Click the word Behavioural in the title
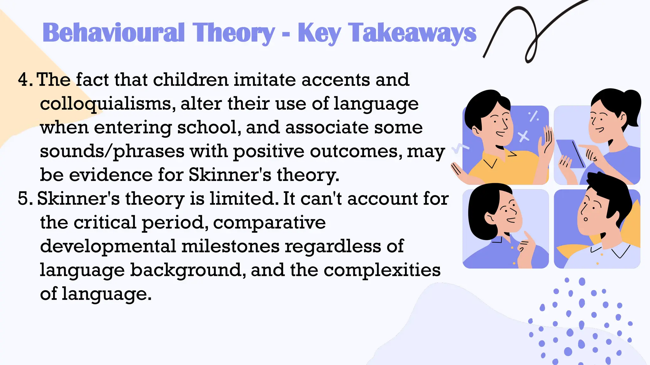click(113, 33)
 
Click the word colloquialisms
click(106, 104)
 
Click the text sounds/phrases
click(112, 151)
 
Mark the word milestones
click(231, 246)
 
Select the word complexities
click(382, 270)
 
